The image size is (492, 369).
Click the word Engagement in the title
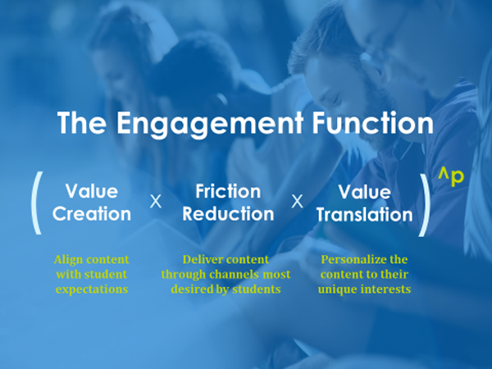point(210,124)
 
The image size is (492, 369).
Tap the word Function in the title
point(372,122)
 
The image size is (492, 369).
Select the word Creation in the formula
point(92,214)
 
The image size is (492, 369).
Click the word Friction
point(228,191)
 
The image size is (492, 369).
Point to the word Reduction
point(228,214)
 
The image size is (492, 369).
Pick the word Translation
point(365,215)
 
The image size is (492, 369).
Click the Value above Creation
point(92,191)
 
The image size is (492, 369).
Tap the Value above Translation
point(365,192)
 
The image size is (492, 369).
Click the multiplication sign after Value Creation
point(156,202)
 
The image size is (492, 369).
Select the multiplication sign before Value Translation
point(297,202)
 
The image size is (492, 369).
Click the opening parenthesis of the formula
point(35,203)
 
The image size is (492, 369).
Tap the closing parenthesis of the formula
point(425,204)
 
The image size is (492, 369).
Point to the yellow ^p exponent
point(451,177)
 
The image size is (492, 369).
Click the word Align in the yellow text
point(68,260)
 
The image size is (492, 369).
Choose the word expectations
point(92,289)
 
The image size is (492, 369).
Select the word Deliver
point(199,259)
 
